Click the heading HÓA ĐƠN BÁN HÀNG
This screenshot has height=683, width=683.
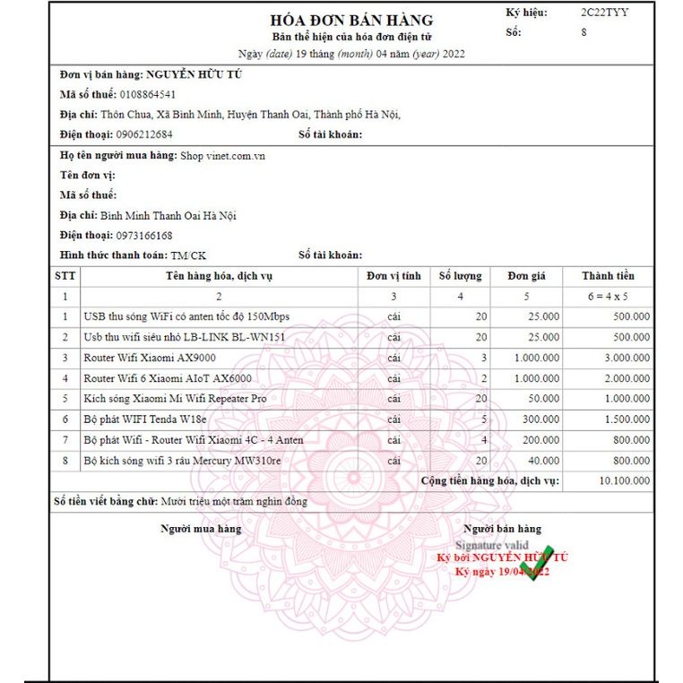click(351, 20)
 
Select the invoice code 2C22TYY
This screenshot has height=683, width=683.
click(604, 13)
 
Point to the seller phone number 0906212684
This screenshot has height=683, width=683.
click(144, 134)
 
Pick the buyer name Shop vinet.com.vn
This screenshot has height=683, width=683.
click(222, 155)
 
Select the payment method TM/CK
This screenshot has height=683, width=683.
click(188, 255)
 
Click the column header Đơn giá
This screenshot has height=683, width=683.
click(526, 276)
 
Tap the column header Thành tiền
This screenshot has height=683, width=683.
click(608, 276)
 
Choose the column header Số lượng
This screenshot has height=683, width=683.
click(460, 276)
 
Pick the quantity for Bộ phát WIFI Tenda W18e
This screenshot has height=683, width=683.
click(483, 419)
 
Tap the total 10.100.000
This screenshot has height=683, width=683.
click(624, 481)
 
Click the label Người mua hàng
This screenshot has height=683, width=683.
click(201, 529)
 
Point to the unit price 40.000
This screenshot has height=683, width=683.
click(544, 461)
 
